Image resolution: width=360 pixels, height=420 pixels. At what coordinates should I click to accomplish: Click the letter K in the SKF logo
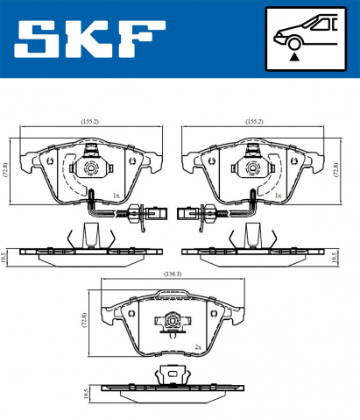(x=90, y=39)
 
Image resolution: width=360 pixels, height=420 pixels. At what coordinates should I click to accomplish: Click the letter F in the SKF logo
(x=142, y=39)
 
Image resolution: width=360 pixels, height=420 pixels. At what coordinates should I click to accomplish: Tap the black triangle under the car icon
(x=297, y=56)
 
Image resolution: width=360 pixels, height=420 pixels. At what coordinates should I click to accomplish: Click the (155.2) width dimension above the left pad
(x=90, y=123)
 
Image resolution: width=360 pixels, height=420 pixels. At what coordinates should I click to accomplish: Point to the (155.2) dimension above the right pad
(x=255, y=123)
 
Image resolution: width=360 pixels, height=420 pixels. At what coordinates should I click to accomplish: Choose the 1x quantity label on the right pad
(x=278, y=196)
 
